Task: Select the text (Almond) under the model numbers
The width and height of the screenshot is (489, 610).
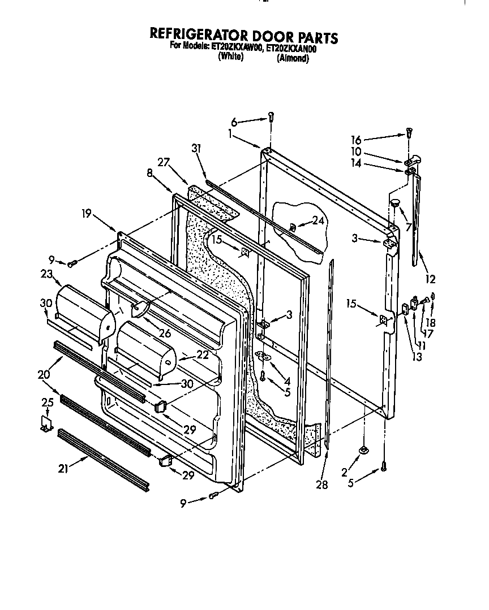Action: pos(293,58)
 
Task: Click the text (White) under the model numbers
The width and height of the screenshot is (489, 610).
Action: pos(230,57)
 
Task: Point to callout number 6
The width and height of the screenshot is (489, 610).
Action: pos(234,121)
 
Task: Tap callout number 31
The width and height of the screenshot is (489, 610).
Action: pos(196,149)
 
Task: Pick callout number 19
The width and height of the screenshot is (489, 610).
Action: pos(86,214)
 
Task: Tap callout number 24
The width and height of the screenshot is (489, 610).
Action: pos(318,221)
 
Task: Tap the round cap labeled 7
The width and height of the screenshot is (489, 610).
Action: pos(393,202)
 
